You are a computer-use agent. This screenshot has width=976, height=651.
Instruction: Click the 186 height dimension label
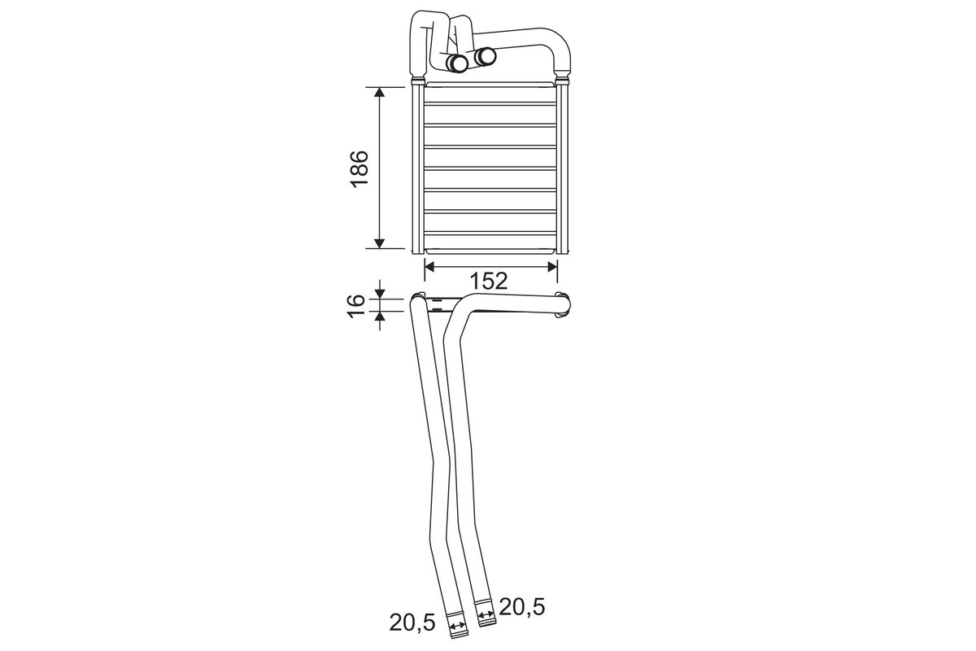pyautogui.click(x=359, y=168)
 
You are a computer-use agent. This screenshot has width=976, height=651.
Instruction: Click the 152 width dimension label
pyautogui.click(x=489, y=282)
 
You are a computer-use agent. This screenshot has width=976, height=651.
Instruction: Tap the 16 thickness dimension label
pyautogui.click(x=356, y=306)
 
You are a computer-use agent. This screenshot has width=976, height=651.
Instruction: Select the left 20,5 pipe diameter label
pyautogui.click(x=412, y=623)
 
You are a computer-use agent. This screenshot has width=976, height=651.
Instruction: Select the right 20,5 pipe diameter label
pyautogui.click(x=522, y=607)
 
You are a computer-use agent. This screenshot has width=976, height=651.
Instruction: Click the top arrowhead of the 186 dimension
pyautogui.click(x=380, y=93)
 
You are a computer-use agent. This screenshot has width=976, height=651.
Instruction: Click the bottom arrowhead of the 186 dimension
pyautogui.click(x=380, y=242)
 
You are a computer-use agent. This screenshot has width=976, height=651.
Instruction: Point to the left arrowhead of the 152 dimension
pyautogui.click(x=429, y=267)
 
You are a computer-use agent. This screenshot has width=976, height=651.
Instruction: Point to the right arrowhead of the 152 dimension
pyautogui.click(x=552, y=267)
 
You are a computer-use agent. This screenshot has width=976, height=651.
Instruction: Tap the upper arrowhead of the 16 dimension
pyautogui.click(x=381, y=295)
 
